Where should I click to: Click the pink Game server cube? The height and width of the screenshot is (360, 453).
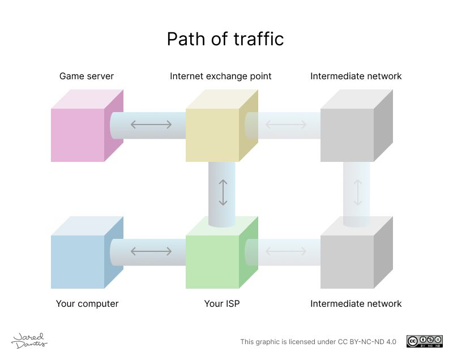coord(79,134)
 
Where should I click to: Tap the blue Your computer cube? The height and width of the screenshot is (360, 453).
coord(79,260)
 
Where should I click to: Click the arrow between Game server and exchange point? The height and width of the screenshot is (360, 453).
coord(151,125)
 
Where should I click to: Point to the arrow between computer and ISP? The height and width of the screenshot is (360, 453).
coord(151,251)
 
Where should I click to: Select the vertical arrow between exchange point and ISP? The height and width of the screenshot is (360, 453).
coord(223,192)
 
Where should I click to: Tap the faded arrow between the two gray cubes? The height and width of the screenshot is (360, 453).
coord(358,192)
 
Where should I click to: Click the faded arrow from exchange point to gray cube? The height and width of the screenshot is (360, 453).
coord(286,125)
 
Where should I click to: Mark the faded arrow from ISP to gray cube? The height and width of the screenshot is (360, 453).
coord(286,251)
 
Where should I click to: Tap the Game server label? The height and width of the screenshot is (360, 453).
coord(87,76)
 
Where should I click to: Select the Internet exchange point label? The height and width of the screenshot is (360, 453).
coord(221,76)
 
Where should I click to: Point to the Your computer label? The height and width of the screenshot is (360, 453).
coord(87,303)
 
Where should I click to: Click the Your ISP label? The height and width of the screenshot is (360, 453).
coord(222,303)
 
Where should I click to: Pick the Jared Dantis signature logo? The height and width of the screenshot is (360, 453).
coord(29,340)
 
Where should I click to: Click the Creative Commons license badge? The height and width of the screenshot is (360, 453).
coord(424,341)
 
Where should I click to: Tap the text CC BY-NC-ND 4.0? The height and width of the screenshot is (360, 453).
coord(363,341)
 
